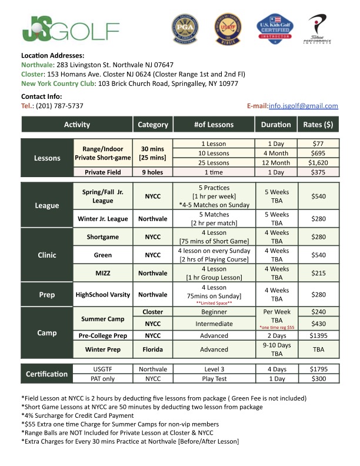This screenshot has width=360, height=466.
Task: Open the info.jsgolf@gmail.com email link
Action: (303, 106)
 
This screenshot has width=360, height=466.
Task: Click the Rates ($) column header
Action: (318, 125)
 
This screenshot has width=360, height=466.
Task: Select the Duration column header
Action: (276, 125)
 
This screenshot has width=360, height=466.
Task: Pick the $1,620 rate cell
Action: (318, 162)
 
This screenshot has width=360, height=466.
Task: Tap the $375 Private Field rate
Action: (318, 172)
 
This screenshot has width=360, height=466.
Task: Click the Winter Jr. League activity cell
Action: (102, 219)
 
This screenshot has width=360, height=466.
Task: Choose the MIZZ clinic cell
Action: (102, 274)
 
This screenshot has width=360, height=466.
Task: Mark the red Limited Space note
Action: (214, 302)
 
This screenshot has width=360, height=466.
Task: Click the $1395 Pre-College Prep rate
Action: (318, 335)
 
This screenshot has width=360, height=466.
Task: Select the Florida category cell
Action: (152, 349)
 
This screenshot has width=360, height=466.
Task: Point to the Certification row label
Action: (47, 374)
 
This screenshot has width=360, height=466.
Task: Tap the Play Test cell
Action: (214, 380)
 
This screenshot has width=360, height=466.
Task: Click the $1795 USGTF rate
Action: (318, 369)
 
